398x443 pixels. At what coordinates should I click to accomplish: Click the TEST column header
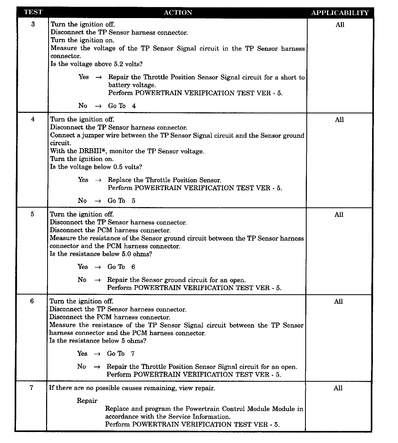33,12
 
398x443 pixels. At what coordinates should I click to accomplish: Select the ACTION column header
178,13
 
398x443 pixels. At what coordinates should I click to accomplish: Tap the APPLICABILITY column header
340,13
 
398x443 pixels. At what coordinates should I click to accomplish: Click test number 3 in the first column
33,24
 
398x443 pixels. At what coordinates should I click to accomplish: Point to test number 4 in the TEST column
33,119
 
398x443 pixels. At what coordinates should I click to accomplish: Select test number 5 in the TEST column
32,214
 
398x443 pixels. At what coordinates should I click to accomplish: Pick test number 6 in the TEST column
32,301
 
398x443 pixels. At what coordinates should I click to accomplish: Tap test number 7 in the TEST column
32,388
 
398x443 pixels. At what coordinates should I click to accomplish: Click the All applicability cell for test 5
339,215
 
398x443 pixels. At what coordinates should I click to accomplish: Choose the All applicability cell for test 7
338,388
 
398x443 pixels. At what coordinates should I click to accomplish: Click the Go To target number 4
134,106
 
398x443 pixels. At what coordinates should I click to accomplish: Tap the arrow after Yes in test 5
98,267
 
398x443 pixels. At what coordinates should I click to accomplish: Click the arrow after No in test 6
97,367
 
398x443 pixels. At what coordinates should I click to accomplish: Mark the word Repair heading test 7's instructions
87,401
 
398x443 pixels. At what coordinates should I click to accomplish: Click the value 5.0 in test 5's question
126,254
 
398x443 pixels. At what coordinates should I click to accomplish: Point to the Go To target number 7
133,354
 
